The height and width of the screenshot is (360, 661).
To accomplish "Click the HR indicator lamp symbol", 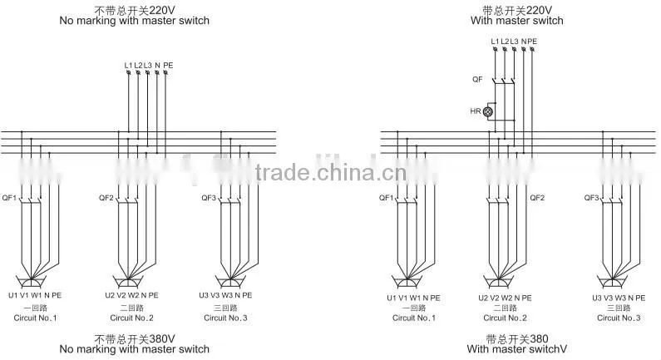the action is point(488,111).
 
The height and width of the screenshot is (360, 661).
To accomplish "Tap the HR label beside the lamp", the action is point(476,111).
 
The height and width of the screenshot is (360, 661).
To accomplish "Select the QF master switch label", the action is point(477,79).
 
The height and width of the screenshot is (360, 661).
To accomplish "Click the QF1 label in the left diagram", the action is point(9,198).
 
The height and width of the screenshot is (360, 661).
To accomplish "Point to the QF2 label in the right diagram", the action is point(537,198).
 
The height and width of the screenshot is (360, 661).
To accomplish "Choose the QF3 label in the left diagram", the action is point(209,198).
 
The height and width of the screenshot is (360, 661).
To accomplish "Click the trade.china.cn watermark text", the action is point(331,172).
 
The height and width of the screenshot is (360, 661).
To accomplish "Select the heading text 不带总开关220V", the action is point(135,10).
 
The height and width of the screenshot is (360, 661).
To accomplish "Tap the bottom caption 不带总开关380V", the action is point(135,339).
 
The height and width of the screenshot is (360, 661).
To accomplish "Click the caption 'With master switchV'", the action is point(517,349).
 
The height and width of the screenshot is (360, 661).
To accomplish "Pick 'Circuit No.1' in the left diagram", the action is point(36,318).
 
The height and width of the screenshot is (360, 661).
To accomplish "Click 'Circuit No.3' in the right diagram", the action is point(619,318).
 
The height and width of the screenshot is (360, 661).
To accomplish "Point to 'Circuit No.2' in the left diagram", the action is point(132,318).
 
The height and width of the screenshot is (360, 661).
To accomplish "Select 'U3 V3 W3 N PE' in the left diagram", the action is point(225,295).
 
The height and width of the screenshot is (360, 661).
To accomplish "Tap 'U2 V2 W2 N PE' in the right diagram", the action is point(505,298).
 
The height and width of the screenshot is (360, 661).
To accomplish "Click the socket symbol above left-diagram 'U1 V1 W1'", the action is point(32,281).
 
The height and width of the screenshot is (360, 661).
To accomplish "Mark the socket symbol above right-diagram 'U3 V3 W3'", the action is point(614,281).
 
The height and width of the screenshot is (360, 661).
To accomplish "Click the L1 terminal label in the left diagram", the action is point(128,66).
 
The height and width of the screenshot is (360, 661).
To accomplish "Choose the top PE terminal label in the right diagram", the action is point(532,42).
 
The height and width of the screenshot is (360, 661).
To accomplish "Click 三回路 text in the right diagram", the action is point(619,308).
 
